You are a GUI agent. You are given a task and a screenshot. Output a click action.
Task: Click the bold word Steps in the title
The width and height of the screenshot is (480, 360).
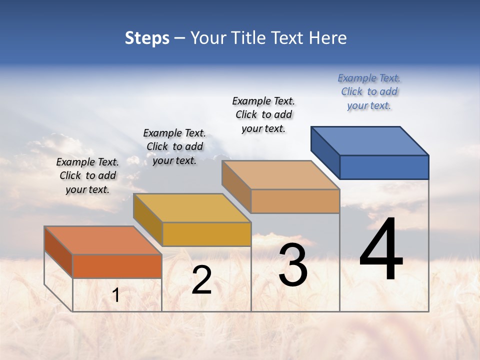click(x=147, y=38)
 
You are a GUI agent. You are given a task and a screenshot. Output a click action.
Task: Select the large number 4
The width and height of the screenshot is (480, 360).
click(x=381, y=250)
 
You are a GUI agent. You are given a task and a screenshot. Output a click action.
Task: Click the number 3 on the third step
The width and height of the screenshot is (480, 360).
click(x=293, y=265)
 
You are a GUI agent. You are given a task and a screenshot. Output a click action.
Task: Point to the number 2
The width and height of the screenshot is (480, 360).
click(x=201, y=280)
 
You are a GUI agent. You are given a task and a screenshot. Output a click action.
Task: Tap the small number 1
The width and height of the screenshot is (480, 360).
click(x=116, y=295)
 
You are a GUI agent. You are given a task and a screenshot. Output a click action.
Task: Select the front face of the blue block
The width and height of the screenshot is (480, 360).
click(x=384, y=167)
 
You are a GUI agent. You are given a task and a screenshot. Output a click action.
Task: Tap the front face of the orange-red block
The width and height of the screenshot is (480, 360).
click(x=117, y=266)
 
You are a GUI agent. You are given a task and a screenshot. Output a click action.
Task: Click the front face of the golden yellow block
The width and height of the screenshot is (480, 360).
click(x=206, y=234)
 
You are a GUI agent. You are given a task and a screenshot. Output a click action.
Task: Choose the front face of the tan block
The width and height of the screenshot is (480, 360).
click(x=295, y=201)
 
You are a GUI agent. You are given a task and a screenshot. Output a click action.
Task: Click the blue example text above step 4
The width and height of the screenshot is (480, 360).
click(x=369, y=91)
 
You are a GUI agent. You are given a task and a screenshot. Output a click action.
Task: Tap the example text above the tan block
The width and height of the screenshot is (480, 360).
click(x=263, y=114)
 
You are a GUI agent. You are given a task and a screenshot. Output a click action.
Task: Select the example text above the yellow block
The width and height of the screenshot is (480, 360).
click(x=174, y=146)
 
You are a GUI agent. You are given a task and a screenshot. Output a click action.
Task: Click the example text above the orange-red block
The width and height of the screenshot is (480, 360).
click(x=87, y=175)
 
